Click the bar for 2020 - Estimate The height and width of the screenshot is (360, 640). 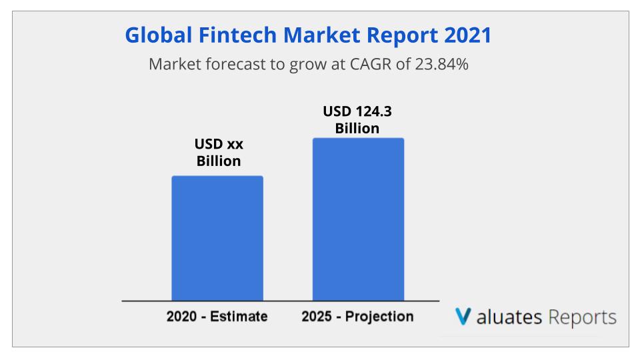click(x=217, y=239)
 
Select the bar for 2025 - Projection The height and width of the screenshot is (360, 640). click(x=359, y=219)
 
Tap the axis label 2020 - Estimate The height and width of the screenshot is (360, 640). click(x=217, y=316)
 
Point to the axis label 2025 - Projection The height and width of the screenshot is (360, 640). click(x=357, y=316)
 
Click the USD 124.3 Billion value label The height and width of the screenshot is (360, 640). click(x=357, y=119)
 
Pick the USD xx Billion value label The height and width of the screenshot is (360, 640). click(x=219, y=152)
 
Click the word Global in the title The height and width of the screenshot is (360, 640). click(x=159, y=35)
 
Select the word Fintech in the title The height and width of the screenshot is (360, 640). click(x=237, y=35)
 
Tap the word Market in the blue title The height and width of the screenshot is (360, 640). click(x=321, y=35)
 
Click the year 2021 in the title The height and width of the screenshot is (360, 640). click(x=468, y=35)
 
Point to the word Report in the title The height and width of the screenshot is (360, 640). click(x=402, y=35)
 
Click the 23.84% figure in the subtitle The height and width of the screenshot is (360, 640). click(x=441, y=64)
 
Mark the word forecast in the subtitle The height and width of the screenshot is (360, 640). click(x=235, y=64)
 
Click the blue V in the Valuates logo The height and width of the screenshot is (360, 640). click(x=463, y=316)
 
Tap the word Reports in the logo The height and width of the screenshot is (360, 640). click(x=582, y=317)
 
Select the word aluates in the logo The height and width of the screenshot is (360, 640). click(x=509, y=317)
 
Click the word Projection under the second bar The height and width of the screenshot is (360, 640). click(x=379, y=317)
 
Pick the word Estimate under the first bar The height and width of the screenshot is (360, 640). click(x=239, y=316)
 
